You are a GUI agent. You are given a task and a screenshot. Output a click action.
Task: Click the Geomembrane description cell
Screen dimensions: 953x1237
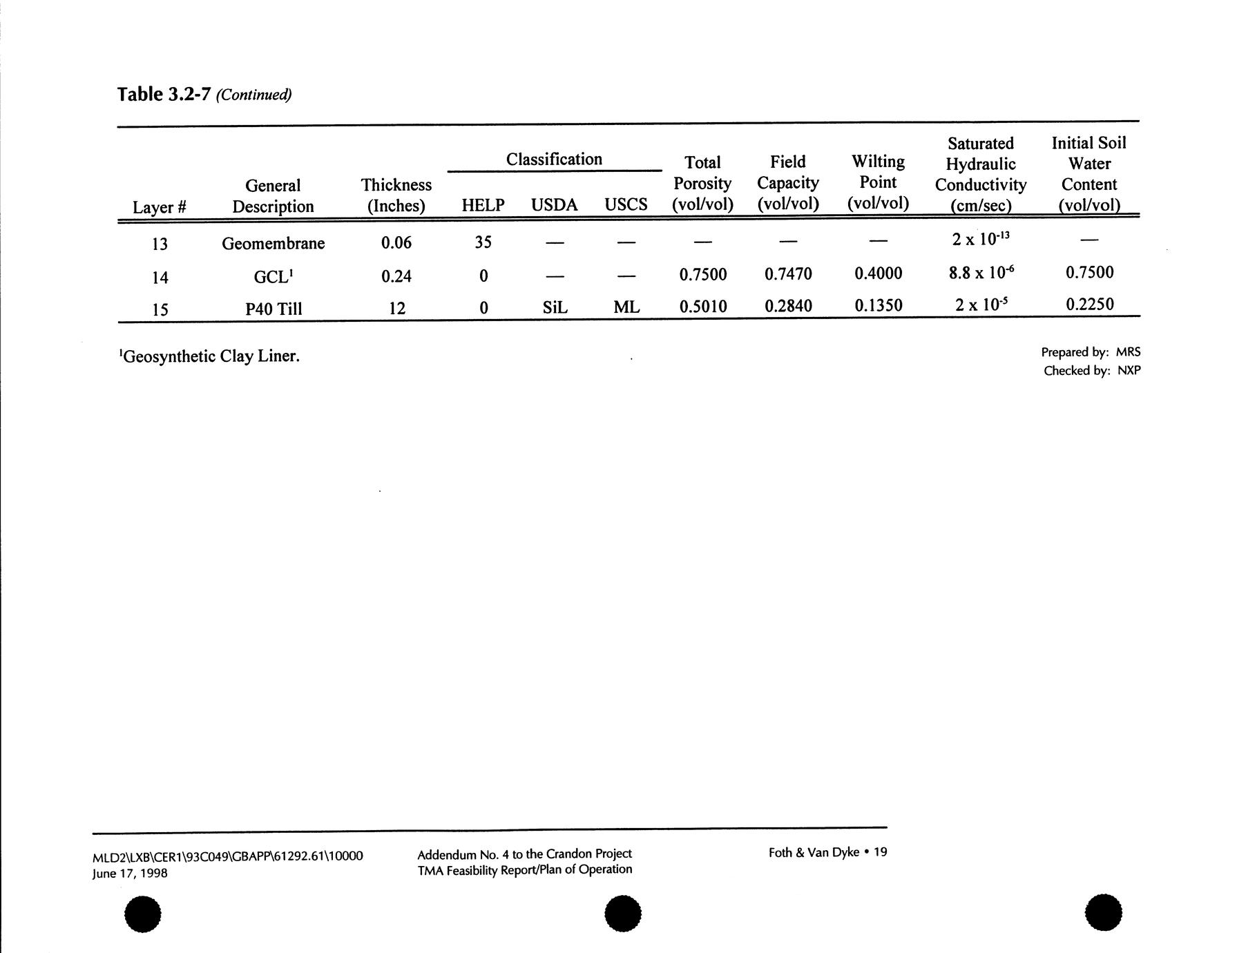coord(273,243)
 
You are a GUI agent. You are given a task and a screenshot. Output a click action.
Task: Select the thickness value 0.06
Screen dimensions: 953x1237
coord(396,242)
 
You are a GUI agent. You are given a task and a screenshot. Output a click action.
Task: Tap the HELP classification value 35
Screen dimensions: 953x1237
coord(483,242)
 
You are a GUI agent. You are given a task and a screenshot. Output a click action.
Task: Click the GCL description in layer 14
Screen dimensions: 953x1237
coord(273,277)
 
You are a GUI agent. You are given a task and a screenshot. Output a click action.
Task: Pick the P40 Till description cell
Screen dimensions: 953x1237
coord(274,309)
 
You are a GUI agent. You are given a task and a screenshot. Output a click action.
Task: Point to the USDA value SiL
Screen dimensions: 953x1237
coord(555,307)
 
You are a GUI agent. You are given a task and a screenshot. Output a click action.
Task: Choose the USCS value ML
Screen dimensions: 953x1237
coord(626,307)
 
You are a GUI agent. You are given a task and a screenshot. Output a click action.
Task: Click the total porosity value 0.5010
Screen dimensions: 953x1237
coord(703,307)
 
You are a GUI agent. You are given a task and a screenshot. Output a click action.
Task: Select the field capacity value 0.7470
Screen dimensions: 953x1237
coord(788,274)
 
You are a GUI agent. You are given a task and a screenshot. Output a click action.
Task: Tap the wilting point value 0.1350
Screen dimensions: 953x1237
coord(878,305)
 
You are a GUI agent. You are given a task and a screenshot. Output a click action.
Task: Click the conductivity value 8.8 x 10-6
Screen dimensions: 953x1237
coord(981,273)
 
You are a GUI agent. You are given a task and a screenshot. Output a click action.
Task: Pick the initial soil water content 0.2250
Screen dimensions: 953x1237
coord(1089,305)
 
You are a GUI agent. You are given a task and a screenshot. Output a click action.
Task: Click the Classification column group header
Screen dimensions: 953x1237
coord(554,160)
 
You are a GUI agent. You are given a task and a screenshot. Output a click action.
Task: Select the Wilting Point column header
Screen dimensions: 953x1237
coord(878,182)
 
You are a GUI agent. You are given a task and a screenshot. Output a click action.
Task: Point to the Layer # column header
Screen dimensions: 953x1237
coord(160,207)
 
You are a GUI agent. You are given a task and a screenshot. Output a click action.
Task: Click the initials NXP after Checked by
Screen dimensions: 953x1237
coord(1129,371)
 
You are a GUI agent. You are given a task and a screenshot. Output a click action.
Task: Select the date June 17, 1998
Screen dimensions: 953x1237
coord(130,874)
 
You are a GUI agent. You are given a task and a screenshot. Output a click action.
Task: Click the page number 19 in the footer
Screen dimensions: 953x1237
coord(880,852)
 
